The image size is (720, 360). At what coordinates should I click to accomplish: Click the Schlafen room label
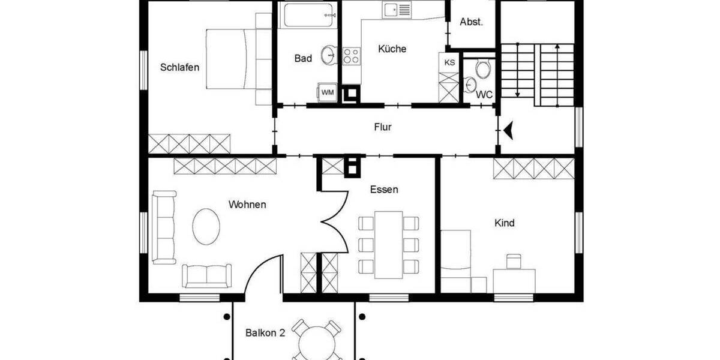click(179, 67)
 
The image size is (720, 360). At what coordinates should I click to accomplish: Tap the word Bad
click(303, 58)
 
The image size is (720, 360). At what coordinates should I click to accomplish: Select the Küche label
click(392, 49)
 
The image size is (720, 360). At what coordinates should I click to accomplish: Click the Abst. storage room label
click(471, 22)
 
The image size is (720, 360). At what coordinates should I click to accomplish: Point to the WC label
click(484, 95)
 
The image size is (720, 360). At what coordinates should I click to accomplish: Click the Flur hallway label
click(383, 127)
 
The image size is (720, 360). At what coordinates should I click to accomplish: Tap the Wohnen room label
click(247, 205)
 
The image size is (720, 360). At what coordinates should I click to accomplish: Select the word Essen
click(384, 190)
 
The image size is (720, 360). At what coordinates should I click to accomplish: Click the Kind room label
click(504, 223)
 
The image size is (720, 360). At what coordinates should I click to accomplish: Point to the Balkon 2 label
click(265, 332)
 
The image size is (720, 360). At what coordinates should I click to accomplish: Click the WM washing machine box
click(328, 92)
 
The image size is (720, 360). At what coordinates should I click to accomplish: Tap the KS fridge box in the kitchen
click(449, 62)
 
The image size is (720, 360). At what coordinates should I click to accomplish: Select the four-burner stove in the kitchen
click(351, 56)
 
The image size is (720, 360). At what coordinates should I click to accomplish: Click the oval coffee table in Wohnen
click(206, 226)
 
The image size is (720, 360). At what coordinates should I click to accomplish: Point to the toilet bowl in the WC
click(484, 68)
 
